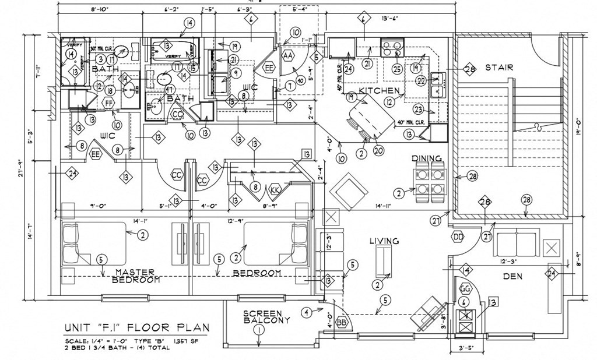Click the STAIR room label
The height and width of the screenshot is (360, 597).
pos(499,68)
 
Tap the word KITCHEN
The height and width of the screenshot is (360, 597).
pos(379,91)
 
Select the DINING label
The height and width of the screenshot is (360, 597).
pos(426,158)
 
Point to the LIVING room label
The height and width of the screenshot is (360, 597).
pos(384,241)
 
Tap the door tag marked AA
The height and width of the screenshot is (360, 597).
pos(287,55)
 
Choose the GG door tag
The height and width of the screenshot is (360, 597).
pos(465,288)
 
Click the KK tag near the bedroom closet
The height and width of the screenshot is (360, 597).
pos(275,190)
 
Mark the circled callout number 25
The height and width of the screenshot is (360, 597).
pos(397,70)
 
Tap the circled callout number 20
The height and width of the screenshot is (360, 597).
pos(377,150)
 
